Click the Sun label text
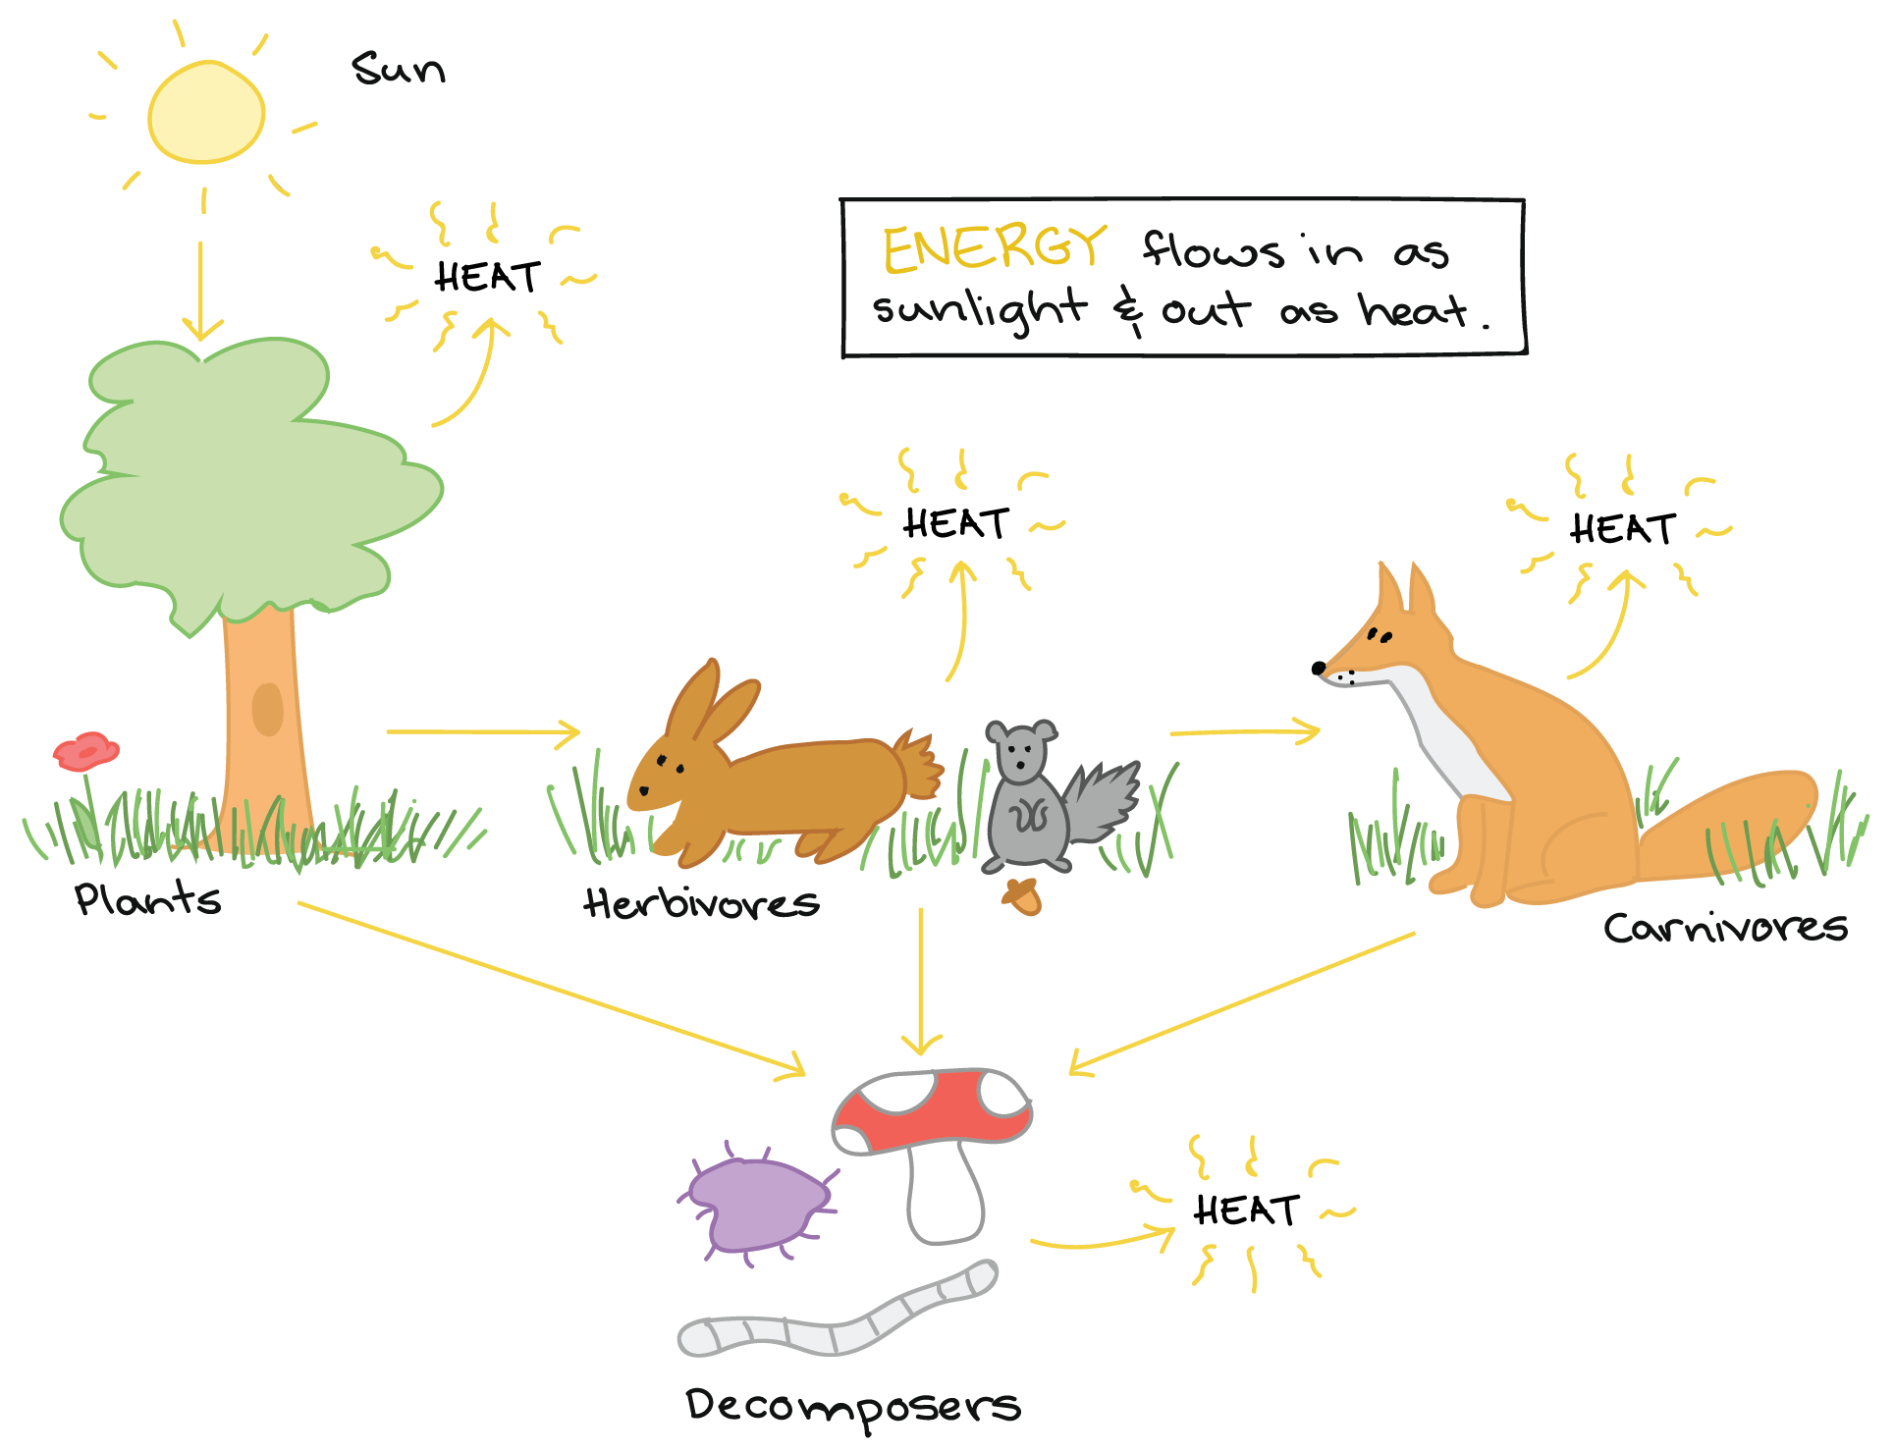click(x=398, y=69)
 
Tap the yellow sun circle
click(x=206, y=112)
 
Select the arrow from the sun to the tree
click(x=201, y=290)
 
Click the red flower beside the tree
click(x=86, y=752)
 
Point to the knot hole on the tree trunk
click(x=267, y=709)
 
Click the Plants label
click(x=147, y=899)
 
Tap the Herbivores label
click(x=701, y=903)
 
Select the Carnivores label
click(x=1725, y=928)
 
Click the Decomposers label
click(x=852, y=1407)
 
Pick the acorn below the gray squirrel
click(x=1022, y=896)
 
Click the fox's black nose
click(x=1319, y=668)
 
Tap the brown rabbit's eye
click(x=662, y=760)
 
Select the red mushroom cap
click(x=933, y=1109)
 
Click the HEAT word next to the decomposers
click(x=1246, y=1210)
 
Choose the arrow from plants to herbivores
click(x=481, y=731)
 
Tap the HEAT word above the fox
click(x=1622, y=529)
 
